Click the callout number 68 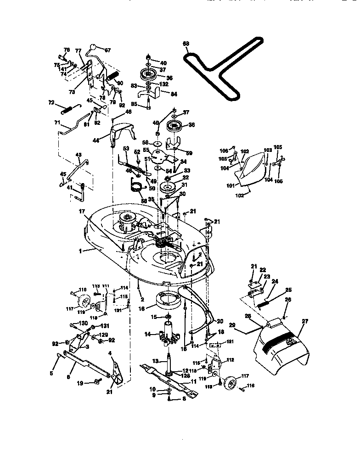pyautogui.click(x=186, y=45)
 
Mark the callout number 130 pyautogui.click(x=83, y=324)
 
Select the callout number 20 pyautogui.click(x=219, y=321)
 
